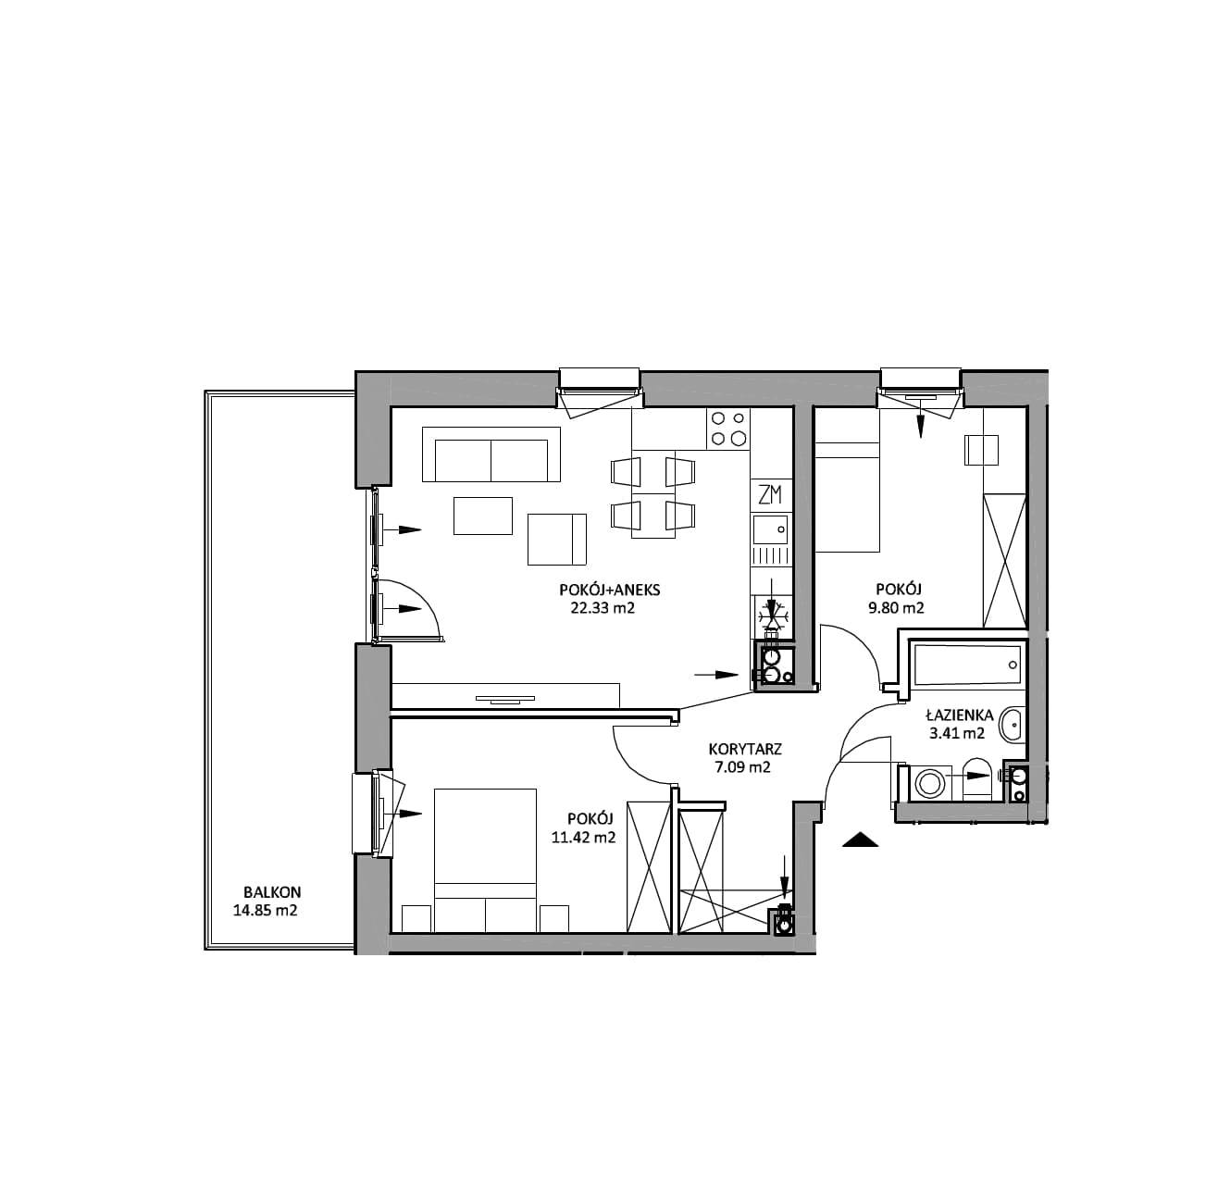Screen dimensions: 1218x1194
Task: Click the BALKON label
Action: [x=272, y=892]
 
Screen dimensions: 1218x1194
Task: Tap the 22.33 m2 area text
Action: [x=603, y=608]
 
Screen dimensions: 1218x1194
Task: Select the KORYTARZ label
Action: [x=745, y=750]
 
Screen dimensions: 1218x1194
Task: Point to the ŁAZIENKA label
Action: [x=960, y=715]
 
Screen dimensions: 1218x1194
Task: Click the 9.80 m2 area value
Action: [x=900, y=608]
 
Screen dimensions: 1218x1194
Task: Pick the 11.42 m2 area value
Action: [x=582, y=838]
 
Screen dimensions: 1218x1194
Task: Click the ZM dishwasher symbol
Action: [x=770, y=494]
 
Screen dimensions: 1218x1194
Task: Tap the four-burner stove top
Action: [x=728, y=429]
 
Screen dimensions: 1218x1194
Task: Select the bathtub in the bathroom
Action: [x=968, y=665]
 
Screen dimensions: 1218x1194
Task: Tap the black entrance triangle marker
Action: [x=861, y=840]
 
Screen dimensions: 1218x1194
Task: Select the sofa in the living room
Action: [x=491, y=454]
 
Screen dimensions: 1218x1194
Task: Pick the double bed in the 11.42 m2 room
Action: [x=485, y=860]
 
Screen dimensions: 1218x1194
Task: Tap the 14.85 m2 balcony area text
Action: [x=266, y=911]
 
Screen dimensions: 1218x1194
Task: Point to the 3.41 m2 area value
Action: [x=956, y=734]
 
